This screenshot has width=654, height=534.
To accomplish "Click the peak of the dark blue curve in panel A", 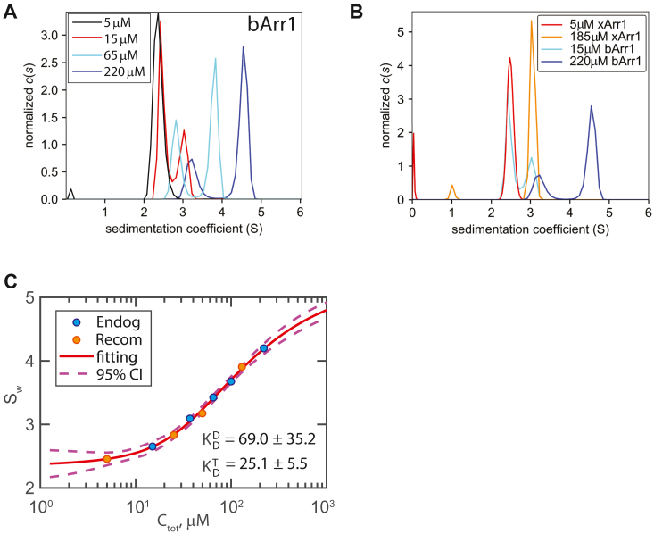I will [x=243, y=47].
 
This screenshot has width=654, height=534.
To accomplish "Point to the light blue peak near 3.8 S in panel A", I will [x=215, y=59].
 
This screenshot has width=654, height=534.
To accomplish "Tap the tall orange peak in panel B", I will [x=531, y=21].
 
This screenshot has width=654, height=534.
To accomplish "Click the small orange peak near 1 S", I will [x=452, y=186].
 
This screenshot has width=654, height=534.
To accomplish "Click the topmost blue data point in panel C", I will [x=263, y=348].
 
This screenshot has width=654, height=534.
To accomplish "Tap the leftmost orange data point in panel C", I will [x=107, y=459].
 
